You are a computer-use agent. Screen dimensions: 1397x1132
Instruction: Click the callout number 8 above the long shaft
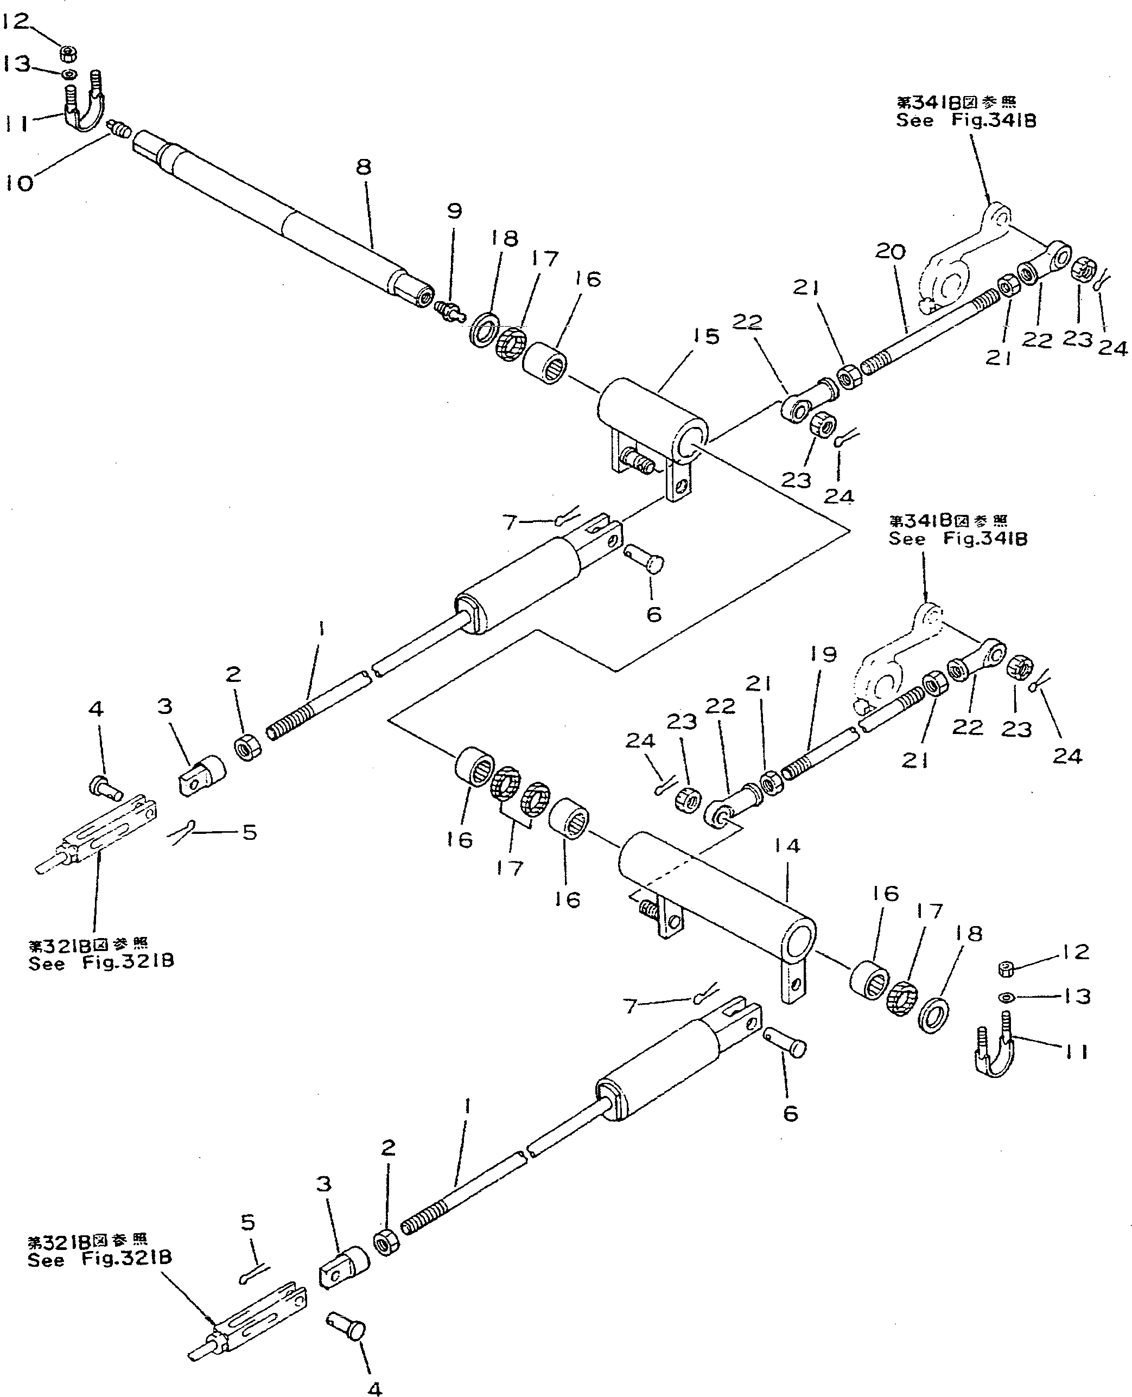click(x=363, y=168)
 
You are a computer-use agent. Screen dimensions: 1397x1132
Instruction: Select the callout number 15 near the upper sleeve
click(x=705, y=336)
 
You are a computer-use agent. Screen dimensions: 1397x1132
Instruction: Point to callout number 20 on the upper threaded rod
click(x=890, y=252)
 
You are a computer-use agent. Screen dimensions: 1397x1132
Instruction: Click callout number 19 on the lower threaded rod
click(x=824, y=654)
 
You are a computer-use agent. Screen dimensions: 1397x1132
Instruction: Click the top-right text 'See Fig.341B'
click(x=966, y=120)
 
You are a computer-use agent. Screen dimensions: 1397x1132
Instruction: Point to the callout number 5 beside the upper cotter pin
click(x=250, y=832)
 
